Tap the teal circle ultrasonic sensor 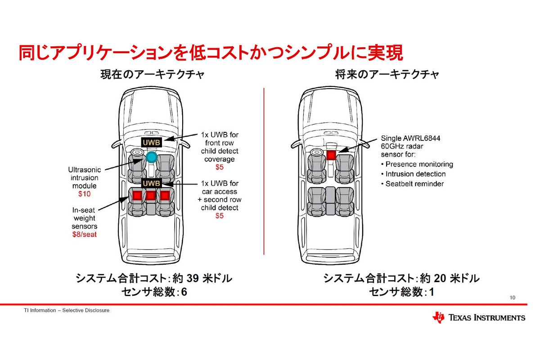[x=152, y=157]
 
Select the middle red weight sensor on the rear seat [x=150, y=196]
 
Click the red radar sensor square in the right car [x=331, y=155]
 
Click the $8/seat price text [x=85, y=234]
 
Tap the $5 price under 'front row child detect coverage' [x=219, y=167]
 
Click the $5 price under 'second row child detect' [x=219, y=216]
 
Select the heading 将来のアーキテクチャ [x=387, y=75]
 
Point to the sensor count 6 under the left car [x=184, y=292]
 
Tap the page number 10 [x=513, y=298]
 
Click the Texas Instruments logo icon [x=438, y=317]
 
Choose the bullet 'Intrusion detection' [x=415, y=174]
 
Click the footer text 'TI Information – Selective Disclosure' [x=67, y=310]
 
